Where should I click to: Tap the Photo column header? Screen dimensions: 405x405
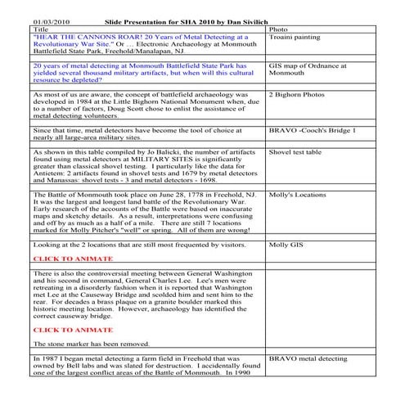point(278,29)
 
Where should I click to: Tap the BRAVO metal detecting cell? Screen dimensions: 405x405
point(308,358)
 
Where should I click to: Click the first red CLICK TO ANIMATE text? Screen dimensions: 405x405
point(71,259)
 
